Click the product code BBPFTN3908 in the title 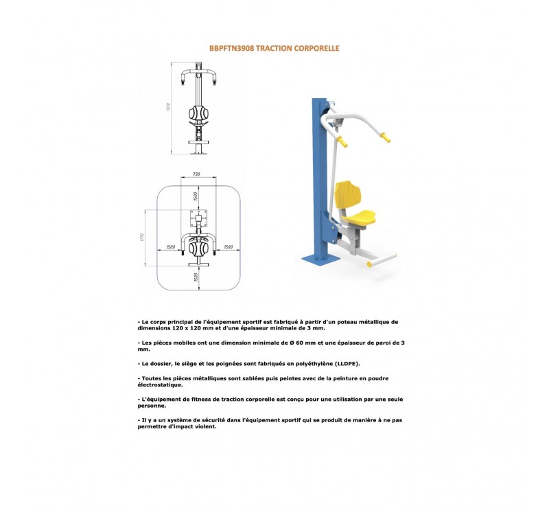[x=231, y=49]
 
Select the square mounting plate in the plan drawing [x=199, y=221]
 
